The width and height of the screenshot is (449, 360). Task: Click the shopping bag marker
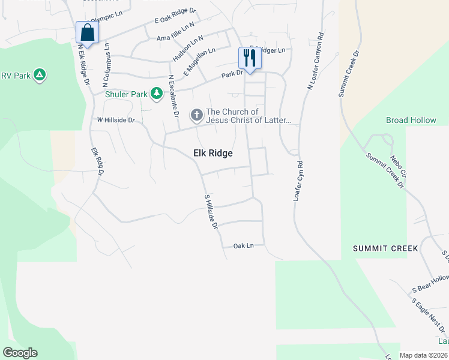tap(87, 33)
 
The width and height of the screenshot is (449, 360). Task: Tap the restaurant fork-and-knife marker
tap(249, 58)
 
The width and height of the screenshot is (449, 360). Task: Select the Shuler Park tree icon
tap(157, 94)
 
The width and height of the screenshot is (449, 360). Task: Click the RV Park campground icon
tap(39, 75)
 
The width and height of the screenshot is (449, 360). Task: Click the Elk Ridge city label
tap(212, 153)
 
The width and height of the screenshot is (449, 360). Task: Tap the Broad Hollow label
tap(411, 120)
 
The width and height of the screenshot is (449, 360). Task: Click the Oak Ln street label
tap(244, 245)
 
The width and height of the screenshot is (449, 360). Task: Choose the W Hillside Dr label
tap(116, 120)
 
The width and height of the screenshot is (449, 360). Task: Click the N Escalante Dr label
tap(173, 95)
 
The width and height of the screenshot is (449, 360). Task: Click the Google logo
tap(20, 353)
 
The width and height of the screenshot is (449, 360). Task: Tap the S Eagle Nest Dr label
tap(429, 316)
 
